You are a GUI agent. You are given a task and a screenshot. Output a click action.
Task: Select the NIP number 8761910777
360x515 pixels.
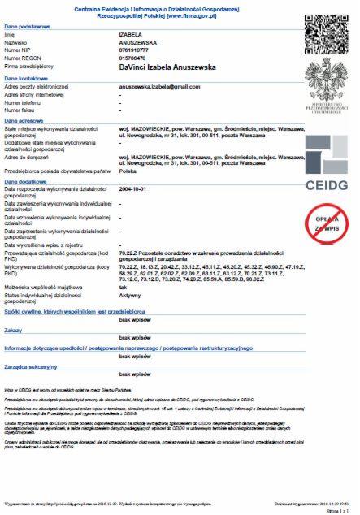click(x=135, y=50)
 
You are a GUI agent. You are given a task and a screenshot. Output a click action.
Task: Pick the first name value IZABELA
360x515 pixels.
click(x=130, y=36)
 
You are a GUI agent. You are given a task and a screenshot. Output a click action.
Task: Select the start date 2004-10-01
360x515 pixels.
click(x=135, y=188)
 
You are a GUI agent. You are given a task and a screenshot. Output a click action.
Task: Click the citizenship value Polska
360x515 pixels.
click(x=128, y=171)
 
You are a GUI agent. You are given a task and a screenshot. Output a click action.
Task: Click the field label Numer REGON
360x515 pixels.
click(x=24, y=58)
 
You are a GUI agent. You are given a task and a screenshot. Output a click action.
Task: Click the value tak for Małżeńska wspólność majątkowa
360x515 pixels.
click(x=123, y=287)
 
